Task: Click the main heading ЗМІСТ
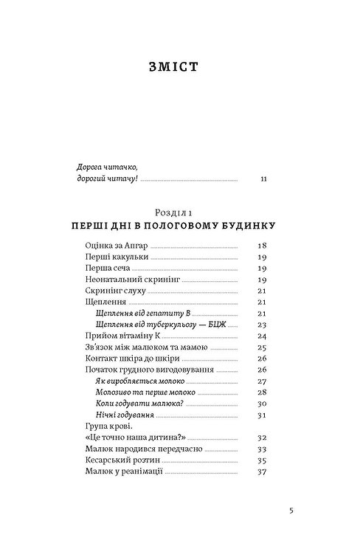click(179, 68)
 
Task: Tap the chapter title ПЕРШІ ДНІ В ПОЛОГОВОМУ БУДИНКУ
click(179, 224)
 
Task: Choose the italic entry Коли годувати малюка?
click(140, 404)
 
